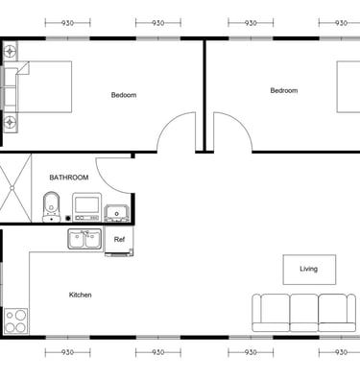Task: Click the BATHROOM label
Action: coord(69,178)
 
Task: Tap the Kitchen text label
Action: coord(81,295)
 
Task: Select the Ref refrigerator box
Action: coord(119,241)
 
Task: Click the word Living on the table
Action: coord(309,269)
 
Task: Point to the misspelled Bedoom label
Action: coord(124,95)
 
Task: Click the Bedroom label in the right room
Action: coord(284,90)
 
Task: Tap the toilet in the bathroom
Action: coord(51,207)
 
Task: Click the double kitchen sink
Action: coord(84,239)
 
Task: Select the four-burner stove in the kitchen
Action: coord(15,321)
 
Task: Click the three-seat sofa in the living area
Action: coord(303,313)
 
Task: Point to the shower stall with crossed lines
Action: coord(15,188)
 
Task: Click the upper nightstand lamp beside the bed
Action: coord(11,51)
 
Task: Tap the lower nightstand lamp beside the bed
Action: coord(11,122)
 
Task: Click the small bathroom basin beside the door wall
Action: coord(117,213)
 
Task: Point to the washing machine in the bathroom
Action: coord(86,207)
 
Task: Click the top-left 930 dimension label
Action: coord(67,23)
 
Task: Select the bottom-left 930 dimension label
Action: coord(67,352)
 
